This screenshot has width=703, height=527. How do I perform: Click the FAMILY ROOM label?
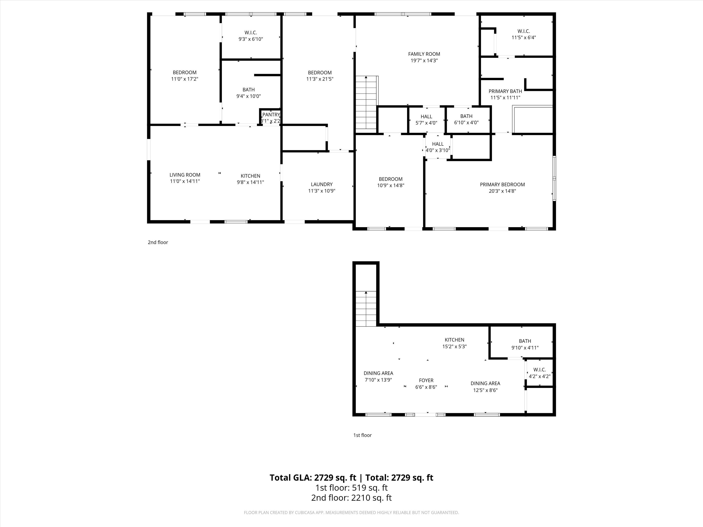pyautogui.click(x=424, y=54)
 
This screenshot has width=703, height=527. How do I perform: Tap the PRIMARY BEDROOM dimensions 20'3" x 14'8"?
pyautogui.click(x=502, y=191)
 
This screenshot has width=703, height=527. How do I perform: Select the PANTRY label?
pyautogui.click(x=271, y=115)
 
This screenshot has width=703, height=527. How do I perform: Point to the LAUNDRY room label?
pyautogui.click(x=322, y=184)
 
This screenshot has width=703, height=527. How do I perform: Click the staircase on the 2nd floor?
pyautogui.click(x=366, y=103)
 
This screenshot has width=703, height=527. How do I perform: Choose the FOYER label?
pyautogui.click(x=426, y=380)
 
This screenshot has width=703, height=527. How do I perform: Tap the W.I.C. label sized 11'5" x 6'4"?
pyautogui.click(x=524, y=31)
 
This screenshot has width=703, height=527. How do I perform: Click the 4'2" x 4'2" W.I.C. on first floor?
pyautogui.click(x=539, y=373)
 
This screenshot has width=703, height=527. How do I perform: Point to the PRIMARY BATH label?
pyautogui.click(x=505, y=91)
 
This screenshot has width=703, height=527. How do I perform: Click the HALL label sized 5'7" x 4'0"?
pyautogui.click(x=426, y=117)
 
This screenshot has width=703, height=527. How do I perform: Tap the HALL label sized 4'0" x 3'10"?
pyautogui.click(x=438, y=144)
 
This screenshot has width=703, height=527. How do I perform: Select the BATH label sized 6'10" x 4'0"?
pyautogui.click(x=466, y=116)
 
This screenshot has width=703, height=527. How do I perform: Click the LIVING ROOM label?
pyautogui.click(x=185, y=175)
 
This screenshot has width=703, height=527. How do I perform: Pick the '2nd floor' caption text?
pyautogui.click(x=158, y=242)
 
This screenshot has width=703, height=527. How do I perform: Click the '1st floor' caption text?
pyautogui.click(x=362, y=435)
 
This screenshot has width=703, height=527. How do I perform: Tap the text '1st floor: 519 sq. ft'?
pyautogui.click(x=351, y=488)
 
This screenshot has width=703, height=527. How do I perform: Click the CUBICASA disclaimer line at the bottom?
pyautogui.click(x=351, y=512)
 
